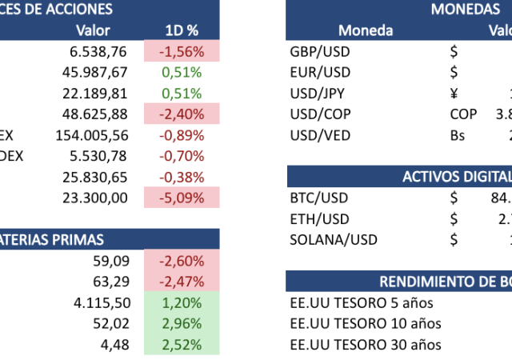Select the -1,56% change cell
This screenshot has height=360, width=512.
pyautogui.click(x=182, y=52)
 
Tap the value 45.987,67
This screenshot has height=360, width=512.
pyautogui.click(x=95, y=73)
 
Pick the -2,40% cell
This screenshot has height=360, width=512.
pyautogui.click(x=182, y=114)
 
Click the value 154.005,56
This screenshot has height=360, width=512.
pyautogui.click(x=92, y=134)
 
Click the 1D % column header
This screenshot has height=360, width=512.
pyautogui.click(x=182, y=30)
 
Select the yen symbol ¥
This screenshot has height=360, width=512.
pyautogui.click(x=454, y=93)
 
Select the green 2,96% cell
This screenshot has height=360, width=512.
pyautogui.click(x=182, y=323)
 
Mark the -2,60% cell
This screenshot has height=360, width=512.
pyautogui.click(x=182, y=260)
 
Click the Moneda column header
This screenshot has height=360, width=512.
pyautogui.click(x=366, y=30)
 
